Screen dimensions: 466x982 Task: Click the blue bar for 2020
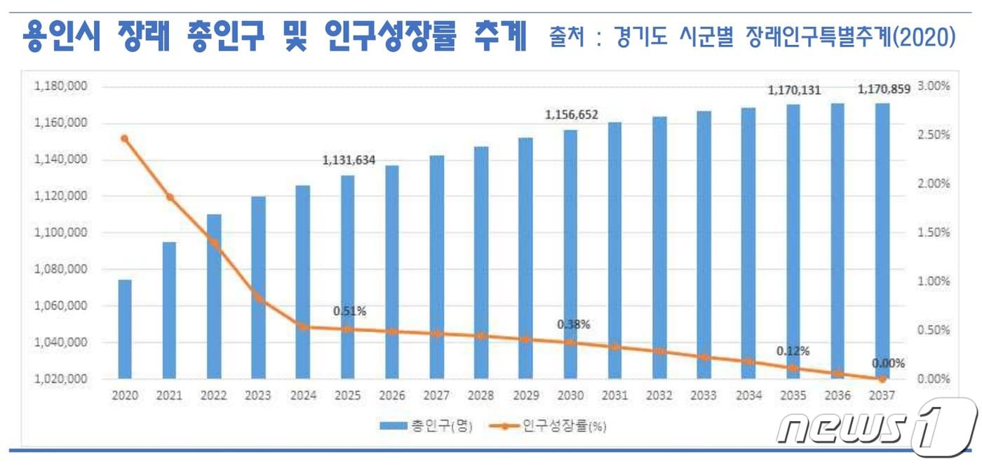pos(125,328)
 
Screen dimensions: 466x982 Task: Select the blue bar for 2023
pos(259,288)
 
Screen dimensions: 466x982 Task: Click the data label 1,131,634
pos(349,161)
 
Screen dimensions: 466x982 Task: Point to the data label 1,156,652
pos(571,115)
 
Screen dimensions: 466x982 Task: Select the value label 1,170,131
pos(794,90)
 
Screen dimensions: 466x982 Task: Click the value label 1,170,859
pos(883,89)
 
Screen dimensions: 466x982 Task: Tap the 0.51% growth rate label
pos(349,311)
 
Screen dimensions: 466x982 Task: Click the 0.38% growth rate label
pos(573,325)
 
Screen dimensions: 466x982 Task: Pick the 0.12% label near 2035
pos(793,350)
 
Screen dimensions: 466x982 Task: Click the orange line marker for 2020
pos(125,138)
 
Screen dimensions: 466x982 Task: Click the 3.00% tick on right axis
pos(933,86)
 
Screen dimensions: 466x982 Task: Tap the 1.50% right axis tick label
pos(933,232)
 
